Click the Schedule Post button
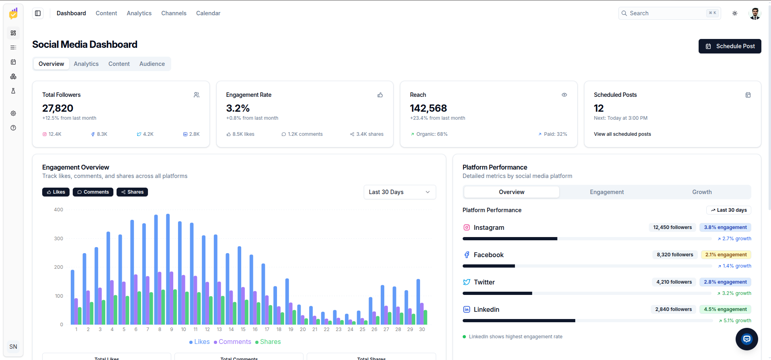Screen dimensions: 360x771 [x=730, y=46]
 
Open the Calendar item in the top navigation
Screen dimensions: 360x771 [x=208, y=13]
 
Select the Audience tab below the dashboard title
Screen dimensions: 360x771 [x=152, y=64]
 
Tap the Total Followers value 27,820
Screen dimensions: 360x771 [x=58, y=108]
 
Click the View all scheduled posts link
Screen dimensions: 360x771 [x=622, y=134]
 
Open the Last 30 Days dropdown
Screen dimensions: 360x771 [x=400, y=192]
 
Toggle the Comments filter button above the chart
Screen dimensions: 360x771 [x=93, y=192]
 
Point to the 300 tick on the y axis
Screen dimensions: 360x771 [x=59, y=239]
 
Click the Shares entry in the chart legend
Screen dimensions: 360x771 [x=268, y=342]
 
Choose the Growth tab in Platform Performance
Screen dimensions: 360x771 [x=702, y=192]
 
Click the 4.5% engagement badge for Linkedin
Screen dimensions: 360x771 [x=725, y=309]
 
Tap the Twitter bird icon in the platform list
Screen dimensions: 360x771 [x=466, y=282]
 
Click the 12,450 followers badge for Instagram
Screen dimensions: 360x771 [x=673, y=227]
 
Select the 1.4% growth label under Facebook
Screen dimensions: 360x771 [x=734, y=266]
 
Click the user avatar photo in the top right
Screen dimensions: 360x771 [x=755, y=13]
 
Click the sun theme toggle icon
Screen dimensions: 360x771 [x=735, y=13]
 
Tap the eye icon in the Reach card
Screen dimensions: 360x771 [x=564, y=95]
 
